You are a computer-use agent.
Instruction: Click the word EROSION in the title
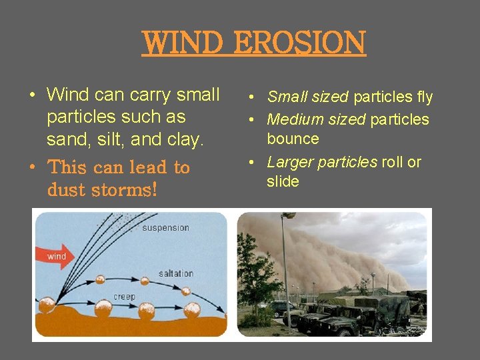(x=311, y=43)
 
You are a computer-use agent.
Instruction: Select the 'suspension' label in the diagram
(x=165, y=228)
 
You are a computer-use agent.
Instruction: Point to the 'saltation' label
(x=176, y=273)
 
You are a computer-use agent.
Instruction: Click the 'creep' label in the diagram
(x=124, y=296)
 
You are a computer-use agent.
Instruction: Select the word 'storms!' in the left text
(x=125, y=190)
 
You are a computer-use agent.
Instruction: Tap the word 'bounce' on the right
(x=293, y=139)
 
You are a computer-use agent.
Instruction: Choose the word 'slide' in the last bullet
(x=283, y=181)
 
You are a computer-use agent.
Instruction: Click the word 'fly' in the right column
(x=425, y=97)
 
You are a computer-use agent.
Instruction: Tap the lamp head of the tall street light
(x=288, y=216)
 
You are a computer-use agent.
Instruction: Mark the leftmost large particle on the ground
(x=47, y=305)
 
